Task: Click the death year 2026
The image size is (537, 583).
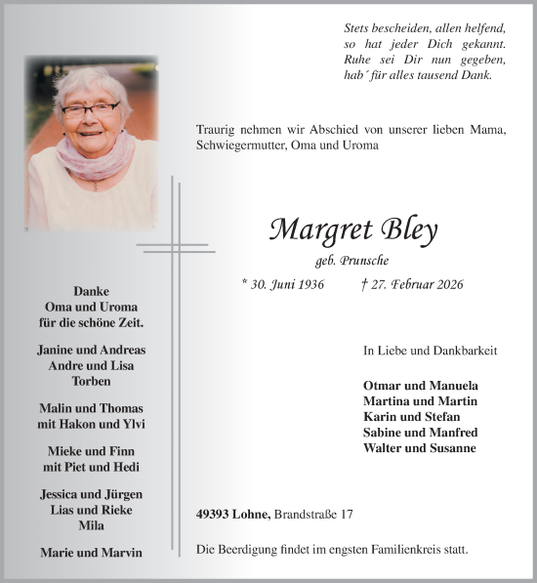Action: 445,284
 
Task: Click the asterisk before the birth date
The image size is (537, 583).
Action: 245,282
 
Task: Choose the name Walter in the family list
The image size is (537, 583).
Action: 382,448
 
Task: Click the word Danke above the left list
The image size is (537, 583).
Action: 91,291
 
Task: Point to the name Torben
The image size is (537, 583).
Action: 91,381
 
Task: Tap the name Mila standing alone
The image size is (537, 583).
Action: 91,525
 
